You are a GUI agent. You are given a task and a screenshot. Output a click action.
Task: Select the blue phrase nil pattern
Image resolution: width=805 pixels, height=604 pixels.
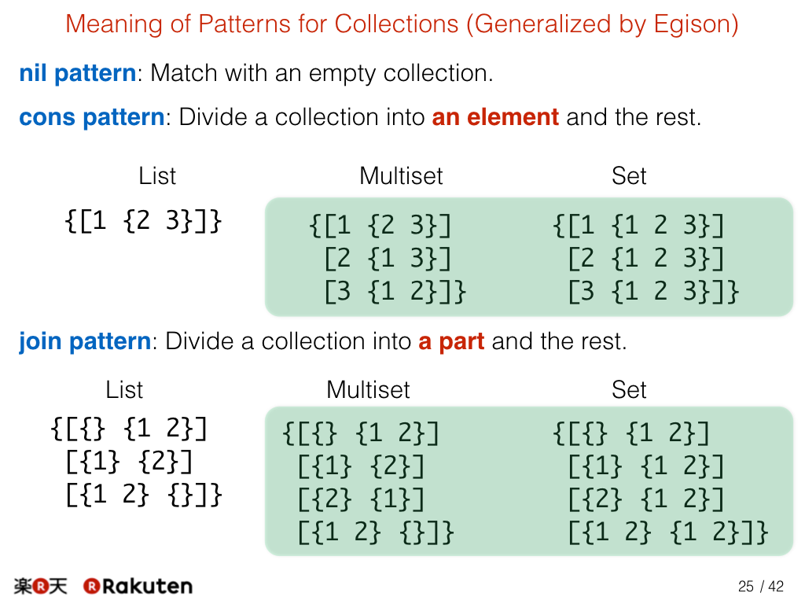click(x=78, y=73)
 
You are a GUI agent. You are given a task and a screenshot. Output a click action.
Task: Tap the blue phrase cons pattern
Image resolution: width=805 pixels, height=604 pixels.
click(x=92, y=117)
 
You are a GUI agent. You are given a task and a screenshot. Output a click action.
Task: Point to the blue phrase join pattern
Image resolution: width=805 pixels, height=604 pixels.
click(x=85, y=341)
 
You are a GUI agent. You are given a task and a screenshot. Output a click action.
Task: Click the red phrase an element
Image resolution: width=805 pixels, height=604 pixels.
click(x=495, y=117)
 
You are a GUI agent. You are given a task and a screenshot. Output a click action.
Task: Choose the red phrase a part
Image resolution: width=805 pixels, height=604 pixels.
click(x=451, y=341)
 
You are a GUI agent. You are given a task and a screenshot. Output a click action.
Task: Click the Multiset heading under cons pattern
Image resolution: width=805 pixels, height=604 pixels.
click(x=401, y=176)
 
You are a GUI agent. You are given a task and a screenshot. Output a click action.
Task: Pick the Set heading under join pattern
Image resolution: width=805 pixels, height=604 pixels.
click(x=629, y=390)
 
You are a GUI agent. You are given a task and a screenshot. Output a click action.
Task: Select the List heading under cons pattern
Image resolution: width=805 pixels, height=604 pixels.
click(x=157, y=176)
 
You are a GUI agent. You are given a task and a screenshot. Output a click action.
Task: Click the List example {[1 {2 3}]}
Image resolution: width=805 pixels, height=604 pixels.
click(x=143, y=221)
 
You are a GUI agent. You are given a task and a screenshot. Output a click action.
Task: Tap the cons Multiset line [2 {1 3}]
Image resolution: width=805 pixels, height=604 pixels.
click(x=388, y=258)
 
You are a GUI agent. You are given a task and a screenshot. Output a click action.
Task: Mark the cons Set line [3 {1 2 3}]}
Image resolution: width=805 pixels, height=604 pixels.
click(x=653, y=291)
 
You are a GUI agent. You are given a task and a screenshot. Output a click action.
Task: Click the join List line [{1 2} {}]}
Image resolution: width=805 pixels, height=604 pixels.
click(x=144, y=495)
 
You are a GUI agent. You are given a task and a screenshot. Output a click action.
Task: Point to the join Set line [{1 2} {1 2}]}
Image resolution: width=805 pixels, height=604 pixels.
click(x=668, y=532)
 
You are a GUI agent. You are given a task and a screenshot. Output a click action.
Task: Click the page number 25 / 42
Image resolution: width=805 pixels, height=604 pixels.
click(x=761, y=586)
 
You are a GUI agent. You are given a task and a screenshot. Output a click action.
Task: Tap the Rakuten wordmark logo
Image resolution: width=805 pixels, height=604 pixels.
click(x=138, y=586)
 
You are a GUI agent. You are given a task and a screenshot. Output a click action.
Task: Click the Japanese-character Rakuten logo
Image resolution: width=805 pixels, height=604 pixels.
click(x=41, y=586)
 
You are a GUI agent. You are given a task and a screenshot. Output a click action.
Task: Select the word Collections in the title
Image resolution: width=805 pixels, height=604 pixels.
click(x=396, y=24)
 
